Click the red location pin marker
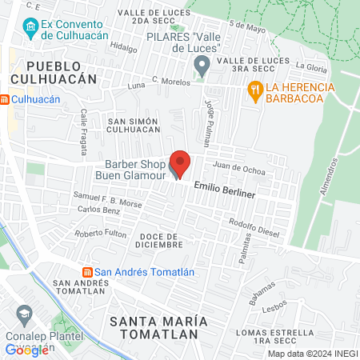pos(181,163)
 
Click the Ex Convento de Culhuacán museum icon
pos(30,30)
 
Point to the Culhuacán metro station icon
pos(6,99)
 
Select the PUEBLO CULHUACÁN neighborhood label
pos(61,72)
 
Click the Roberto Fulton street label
pos(100,234)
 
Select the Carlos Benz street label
pos(99,209)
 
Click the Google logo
pos(27,350)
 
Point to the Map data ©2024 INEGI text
pos(311,354)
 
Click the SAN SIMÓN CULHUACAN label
pos(128,124)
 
